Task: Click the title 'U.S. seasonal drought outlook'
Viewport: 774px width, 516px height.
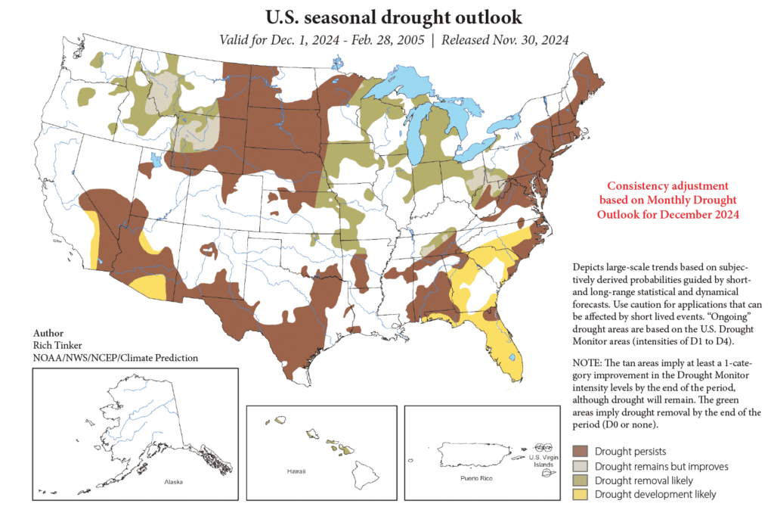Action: (393, 16)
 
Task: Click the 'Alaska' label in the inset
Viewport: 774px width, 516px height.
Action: (175, 481)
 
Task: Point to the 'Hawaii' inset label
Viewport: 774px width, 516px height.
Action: (296, 471)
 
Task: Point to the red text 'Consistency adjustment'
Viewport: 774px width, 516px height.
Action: (668, 185)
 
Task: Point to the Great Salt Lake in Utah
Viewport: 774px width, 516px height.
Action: (156, 160)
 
